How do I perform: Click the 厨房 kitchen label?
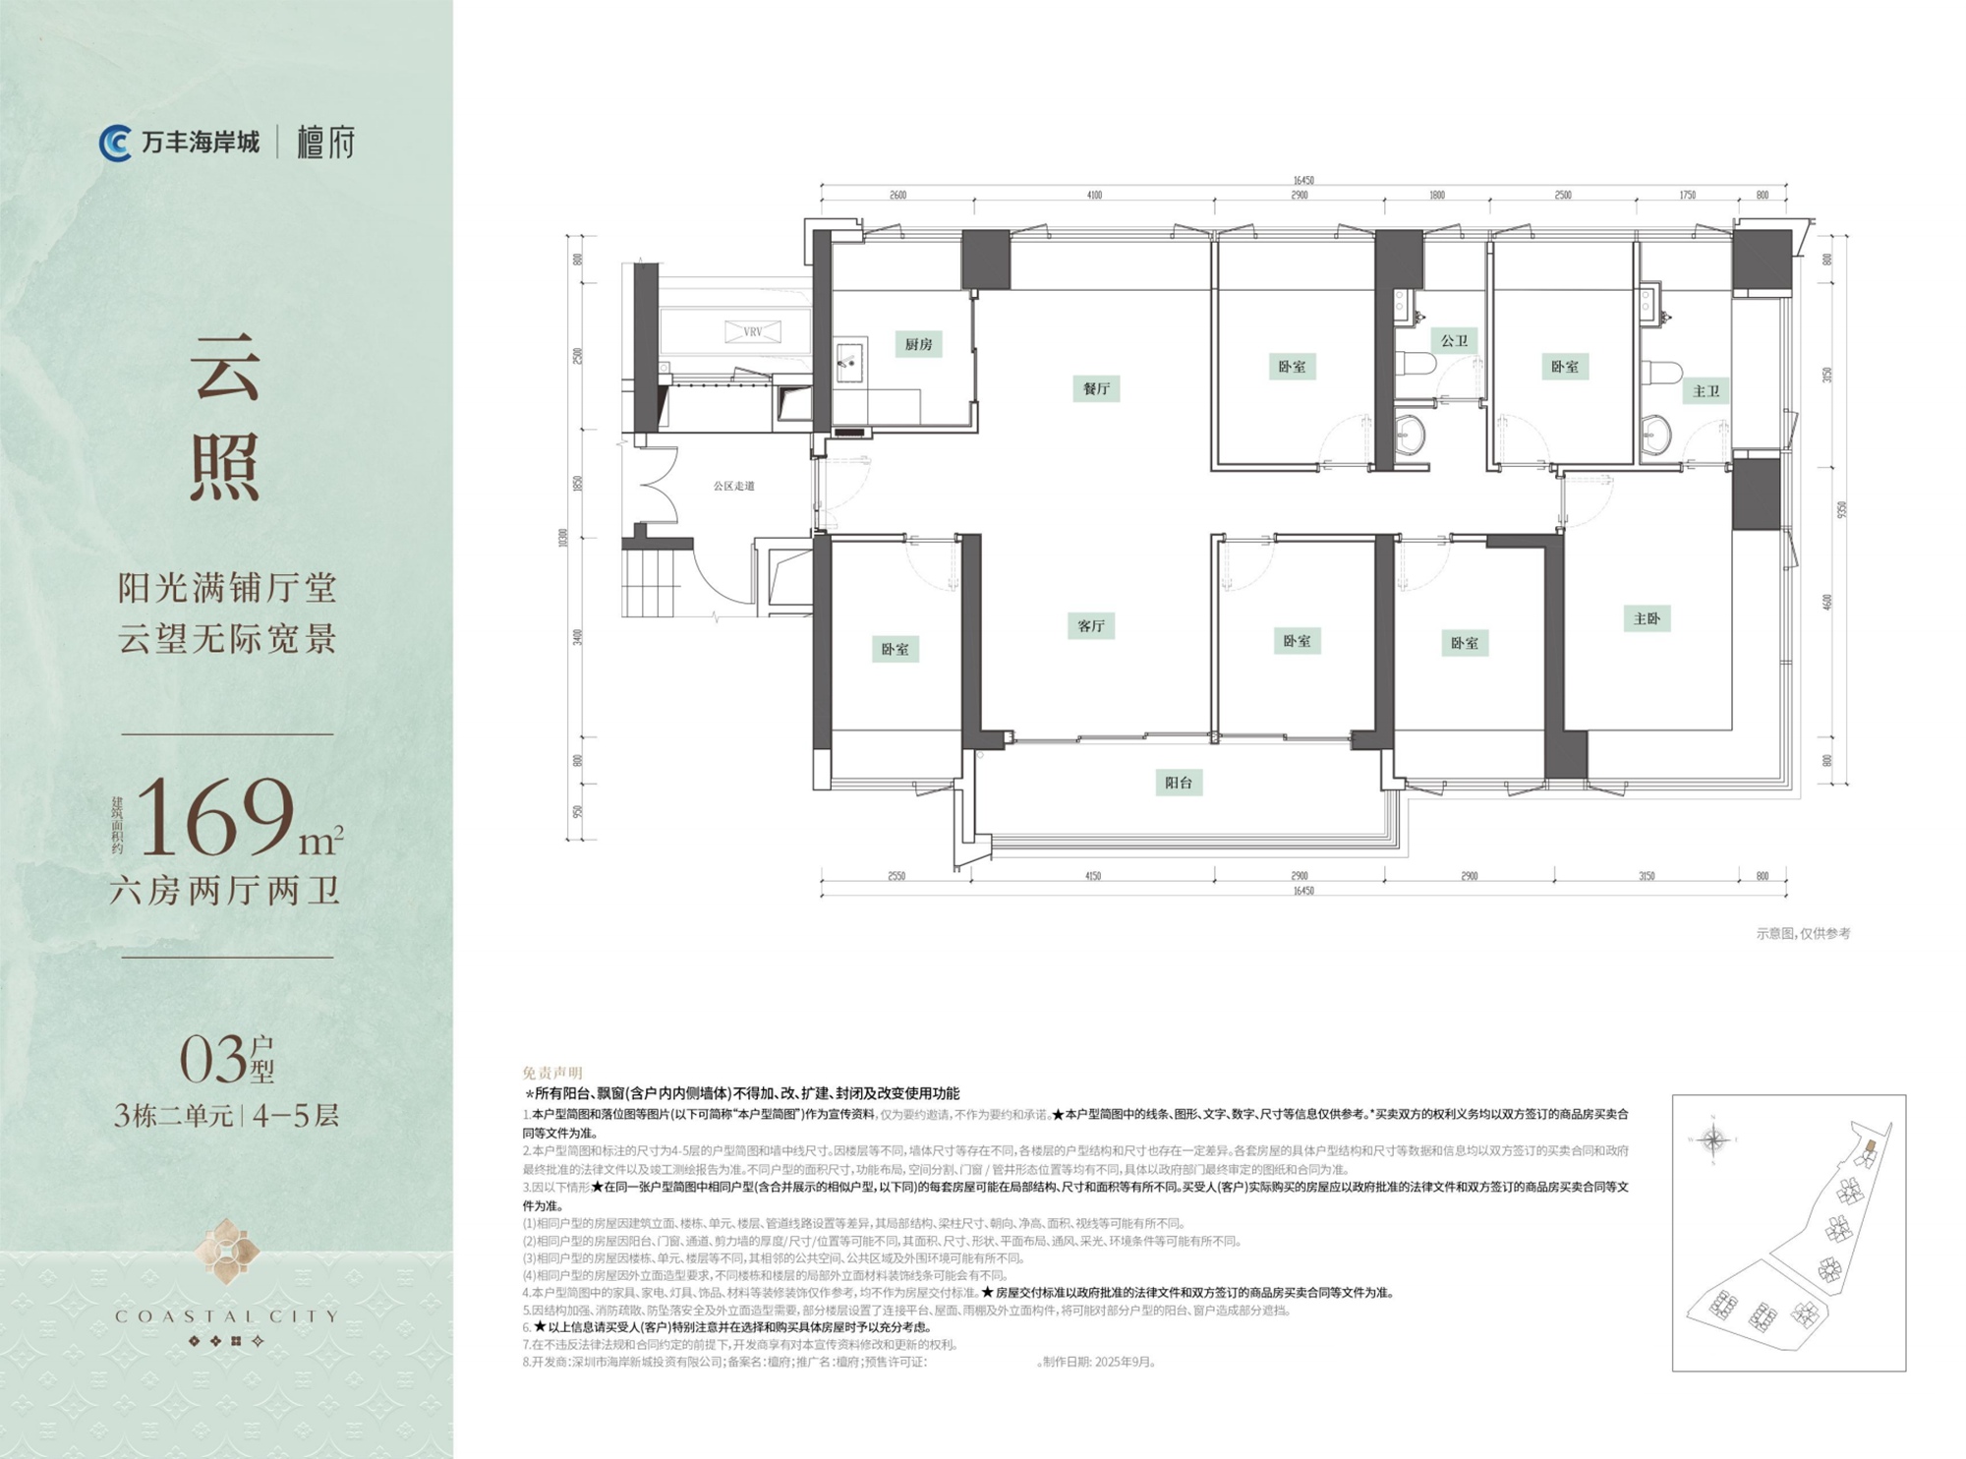tap(918, 344)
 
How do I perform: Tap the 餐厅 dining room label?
tap(1096, 388)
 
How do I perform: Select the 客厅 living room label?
tap(1091, 626)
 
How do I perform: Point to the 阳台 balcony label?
tap(1179, 783)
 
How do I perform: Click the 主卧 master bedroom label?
tap(1647, 618)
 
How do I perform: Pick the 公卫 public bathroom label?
tap(1454, 341)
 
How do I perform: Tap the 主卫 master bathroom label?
tap(1706, 391)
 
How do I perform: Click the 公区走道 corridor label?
tap(733, 486)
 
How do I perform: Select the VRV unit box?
tap(753, 331)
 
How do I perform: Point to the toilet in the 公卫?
tap(1416, 364)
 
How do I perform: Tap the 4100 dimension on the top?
tap(1094, 196)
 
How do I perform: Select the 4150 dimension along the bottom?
tap(1092, 876)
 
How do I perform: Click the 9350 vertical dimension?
tap(1841, 509)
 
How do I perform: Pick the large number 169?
tap(218, 816)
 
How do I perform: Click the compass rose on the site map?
tap(1714, 1140)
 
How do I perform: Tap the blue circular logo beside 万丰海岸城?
tap(115, 144)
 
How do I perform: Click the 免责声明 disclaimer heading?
tap(552, 1073)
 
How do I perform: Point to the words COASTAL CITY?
tap(226, 1315)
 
